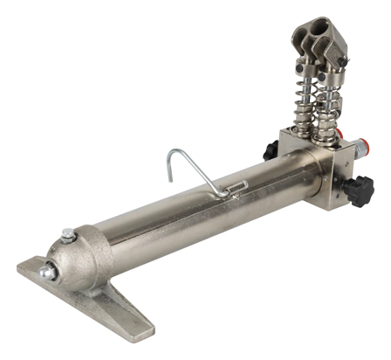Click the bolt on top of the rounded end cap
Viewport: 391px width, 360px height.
(67, 232)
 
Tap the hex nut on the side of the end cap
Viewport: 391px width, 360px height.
(50, 273)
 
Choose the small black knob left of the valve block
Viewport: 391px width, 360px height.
(271, 150)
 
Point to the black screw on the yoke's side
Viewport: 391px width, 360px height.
(346, 59)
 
